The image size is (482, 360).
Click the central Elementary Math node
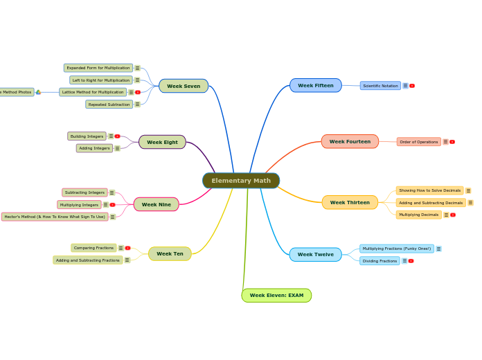pos(241,181)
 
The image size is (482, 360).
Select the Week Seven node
pos(184,86)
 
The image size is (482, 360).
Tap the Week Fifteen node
pos(315,85)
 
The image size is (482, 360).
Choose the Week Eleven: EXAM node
pos(276,296)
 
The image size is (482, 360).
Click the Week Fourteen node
pos(350,141)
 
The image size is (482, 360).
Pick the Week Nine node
pos(156,204)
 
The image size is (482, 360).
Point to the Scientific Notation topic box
pos(380,86)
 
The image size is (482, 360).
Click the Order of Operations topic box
pos(418,141)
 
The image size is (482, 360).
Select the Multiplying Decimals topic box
pos(418,215)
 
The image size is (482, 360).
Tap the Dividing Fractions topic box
pos(380,261)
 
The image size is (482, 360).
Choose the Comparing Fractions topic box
pos(93,248)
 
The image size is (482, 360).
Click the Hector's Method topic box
pos(55,217)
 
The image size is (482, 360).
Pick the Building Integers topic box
pos(87,136)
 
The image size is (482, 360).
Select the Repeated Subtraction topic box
pos(109,105)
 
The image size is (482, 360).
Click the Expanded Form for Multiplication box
pos(98,68)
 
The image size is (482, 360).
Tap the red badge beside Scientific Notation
pos(412,86)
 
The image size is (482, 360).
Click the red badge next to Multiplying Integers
pos(112,205)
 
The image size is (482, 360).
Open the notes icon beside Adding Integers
pos(117,148)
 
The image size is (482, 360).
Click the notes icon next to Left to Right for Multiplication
pos(137,80)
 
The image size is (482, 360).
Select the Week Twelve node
pos(315,254)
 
